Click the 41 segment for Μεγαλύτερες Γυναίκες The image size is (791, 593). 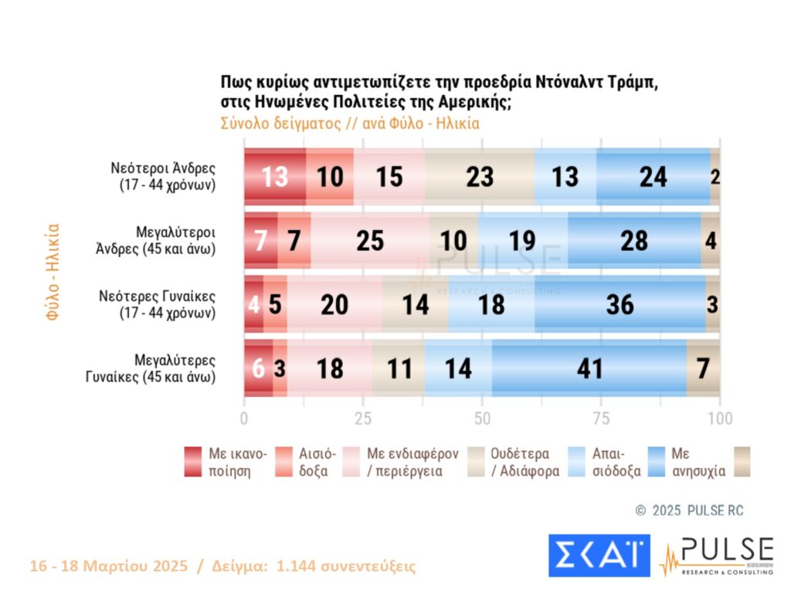590,368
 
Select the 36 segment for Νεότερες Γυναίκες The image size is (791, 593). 620,304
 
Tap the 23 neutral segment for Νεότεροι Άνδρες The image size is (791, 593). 479,177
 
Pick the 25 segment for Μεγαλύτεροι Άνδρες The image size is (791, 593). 370,241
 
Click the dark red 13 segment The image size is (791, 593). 275,177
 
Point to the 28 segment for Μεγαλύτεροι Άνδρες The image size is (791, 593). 634,241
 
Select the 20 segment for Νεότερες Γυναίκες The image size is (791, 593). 334,304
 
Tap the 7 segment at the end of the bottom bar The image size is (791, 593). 703,368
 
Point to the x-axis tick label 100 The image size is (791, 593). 720,418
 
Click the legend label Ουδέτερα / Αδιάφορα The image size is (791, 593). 525,462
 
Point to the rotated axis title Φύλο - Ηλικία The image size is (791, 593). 53,272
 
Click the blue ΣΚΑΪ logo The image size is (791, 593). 599,555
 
